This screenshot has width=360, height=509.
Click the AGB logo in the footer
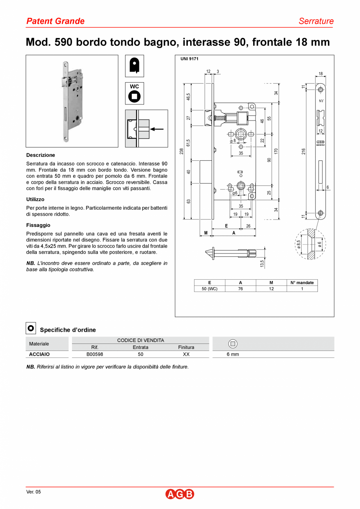pyautogui.click(x=180, y=494)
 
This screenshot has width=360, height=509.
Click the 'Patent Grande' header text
pyautogui.click(x=55, y=21)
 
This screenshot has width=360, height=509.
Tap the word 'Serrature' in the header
pyautogui.click(x=316, y=21)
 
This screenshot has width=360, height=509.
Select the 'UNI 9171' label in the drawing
pyautogui.click(x=190, y=59)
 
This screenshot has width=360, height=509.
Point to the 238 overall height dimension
pyautogui.click(x=182, y=151)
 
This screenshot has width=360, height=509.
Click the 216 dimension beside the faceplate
pyautogui.click(x=303, y=151)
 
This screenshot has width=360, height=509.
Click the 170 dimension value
pyautogui.click(x=276, y=151)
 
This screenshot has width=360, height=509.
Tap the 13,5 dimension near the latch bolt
pyautogui.click(x=262, y=263)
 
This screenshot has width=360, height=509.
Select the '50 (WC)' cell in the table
pyautogui.click(x=209, y=289)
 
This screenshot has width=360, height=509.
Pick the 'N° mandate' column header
pyautogui.click(x=302, y=282)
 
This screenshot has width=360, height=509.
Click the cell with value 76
pyautogui.click(x=240, y=289)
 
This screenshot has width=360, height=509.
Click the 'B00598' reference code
pyautogui.click(x=95, y=354)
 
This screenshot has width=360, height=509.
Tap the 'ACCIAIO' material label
pyautogui.click(x=40, y=354)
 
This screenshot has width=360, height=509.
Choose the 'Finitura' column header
pyautogui.click(x=186, y=347)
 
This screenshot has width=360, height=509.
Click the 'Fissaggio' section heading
pyautogui.click(x=38, y=225)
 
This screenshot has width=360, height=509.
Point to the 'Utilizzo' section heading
pyautogui.click(x=35, y=200)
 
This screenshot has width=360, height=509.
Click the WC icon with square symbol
pyautogui.click(x=135, y=94)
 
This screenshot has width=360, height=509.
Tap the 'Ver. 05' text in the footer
pyautogui.click(x=33, y=492)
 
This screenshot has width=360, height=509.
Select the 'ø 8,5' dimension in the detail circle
pyautogui.click(x=299, y=245)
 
